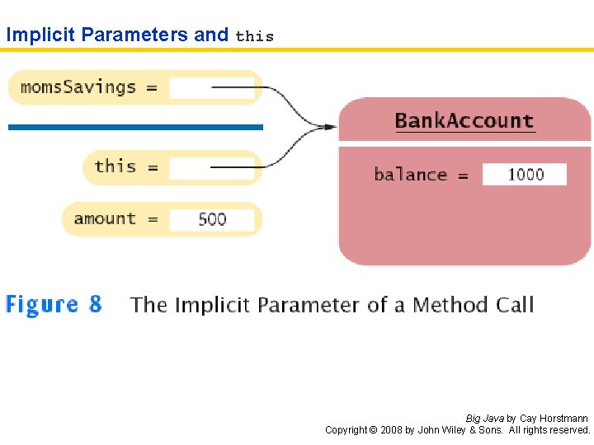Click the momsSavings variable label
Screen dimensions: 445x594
pyautogui.click(x=78, y=87)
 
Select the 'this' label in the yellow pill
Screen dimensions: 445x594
pyautogui.click(x=115, y=166)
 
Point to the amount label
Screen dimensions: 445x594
pyautogui.click(x=104, y=218)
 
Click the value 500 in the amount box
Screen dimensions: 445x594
pyautogui.click(x=212, y=219)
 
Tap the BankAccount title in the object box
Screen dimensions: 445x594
pyautogui.click(x=464, y=121)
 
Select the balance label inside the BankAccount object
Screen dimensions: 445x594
pyautogui.click(x=410, y=175)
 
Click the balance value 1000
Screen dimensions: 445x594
pyautogui.click(x=525, y=175)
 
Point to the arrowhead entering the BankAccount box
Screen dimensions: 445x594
pyautogui.click(x=330, y=127)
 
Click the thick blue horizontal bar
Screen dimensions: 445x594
pyautogui.click(x=135, y=127)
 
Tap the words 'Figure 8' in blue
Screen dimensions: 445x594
pyautogui.click(x=54, y=304)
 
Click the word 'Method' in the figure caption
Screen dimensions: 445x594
pyautogui.click(x=450, y=305)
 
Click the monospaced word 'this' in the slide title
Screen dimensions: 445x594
pyautogui.click(x=254, y=36)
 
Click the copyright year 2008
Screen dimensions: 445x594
pyautogui.click(x=391, y=430)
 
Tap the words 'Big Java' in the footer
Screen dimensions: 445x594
pyautogui.click(x=485, y=419)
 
